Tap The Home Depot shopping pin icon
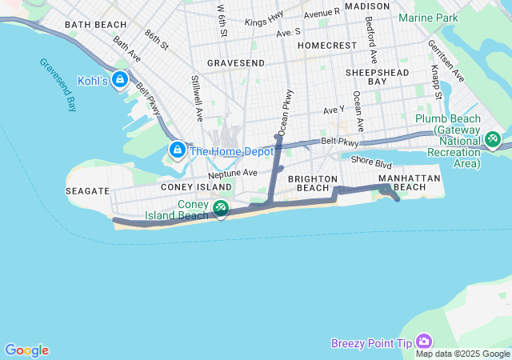click(x=177, y=150)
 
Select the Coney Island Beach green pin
click(x=221, y=208)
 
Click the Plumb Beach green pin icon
click(x=492, y=139)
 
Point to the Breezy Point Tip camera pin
click(x=423, y=342)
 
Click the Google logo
click(x=26, y=350)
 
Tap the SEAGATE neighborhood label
click(x=88, y=191)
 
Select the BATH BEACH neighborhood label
click(x=96, y=25)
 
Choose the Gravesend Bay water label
click(x=56, y=84)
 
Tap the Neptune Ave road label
click(x=233, y=173)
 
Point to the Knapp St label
click(x=436, y=80)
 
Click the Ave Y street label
click(x=334, y=110)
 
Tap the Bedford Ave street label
click(x=371, y=39)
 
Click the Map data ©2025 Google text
click(x=462, y=354)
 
